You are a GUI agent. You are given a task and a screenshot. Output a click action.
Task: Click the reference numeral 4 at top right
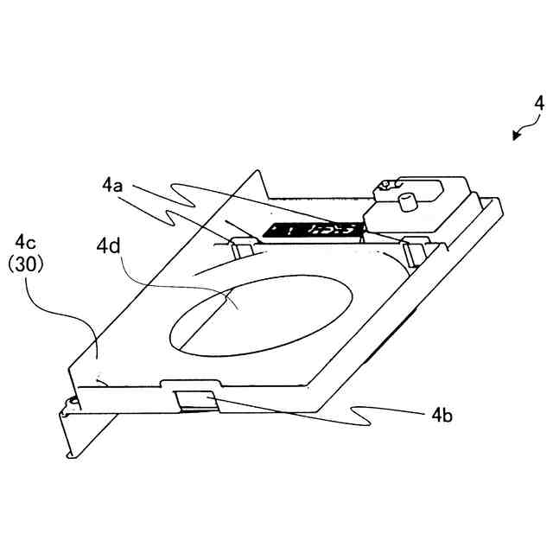(539, 103)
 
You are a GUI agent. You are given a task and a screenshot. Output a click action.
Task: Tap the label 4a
(113, 185)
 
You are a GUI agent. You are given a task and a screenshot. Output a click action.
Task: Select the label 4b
(442, 415)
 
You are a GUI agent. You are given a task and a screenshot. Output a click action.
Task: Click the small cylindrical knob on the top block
(404, 200)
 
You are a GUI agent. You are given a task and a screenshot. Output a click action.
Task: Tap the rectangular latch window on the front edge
(196, 399)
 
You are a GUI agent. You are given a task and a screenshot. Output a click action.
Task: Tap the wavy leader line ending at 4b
(346, 413)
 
